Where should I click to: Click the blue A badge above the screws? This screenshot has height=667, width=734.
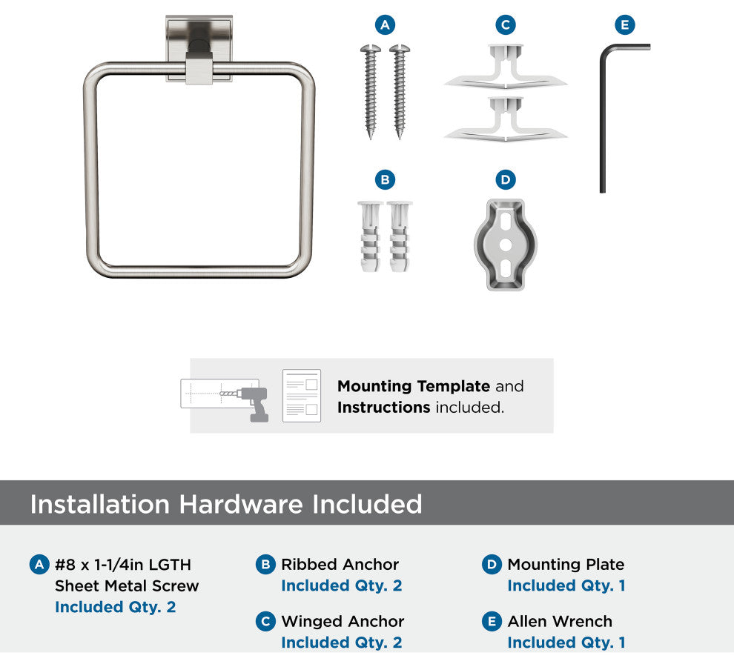point(385,24)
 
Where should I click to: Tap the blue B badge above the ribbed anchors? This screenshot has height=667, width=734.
point(385,180)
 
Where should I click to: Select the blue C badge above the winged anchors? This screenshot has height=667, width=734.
point(506,24)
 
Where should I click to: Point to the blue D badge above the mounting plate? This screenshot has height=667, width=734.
point(506,180)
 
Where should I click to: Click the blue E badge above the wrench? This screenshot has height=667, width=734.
point(625,24)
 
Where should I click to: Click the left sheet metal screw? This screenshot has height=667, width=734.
point(370,91)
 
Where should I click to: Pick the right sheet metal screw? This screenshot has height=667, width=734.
point(400,91)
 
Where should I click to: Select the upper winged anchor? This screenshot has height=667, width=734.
point(506,67)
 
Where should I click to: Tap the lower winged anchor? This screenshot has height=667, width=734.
point(506,119)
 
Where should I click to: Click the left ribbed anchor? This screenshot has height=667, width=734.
point(370,236)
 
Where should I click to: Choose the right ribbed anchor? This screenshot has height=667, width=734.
point(400,236)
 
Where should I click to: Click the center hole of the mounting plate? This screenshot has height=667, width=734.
point(506,245)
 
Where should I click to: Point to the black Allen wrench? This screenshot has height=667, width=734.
point(603,117)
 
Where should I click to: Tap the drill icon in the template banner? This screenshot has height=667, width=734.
point(252,402)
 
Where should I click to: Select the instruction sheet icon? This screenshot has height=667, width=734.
point(302,396)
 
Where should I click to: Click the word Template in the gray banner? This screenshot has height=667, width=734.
point(453,387)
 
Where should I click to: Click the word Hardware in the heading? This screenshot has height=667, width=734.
point(241,504)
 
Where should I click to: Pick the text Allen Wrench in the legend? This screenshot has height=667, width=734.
point(560,621)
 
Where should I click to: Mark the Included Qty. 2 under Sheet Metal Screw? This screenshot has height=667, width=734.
point(115,607)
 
